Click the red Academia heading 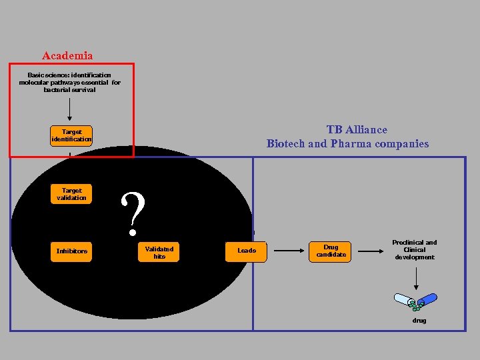67,56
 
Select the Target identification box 71,136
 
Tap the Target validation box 71,194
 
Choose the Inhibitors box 71,251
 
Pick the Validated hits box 159,253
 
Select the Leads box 247,251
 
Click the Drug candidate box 331,251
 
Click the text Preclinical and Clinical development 414,250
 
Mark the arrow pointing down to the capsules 415,279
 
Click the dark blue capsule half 427,299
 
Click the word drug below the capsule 419,321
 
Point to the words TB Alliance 356,130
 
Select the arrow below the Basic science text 70,108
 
